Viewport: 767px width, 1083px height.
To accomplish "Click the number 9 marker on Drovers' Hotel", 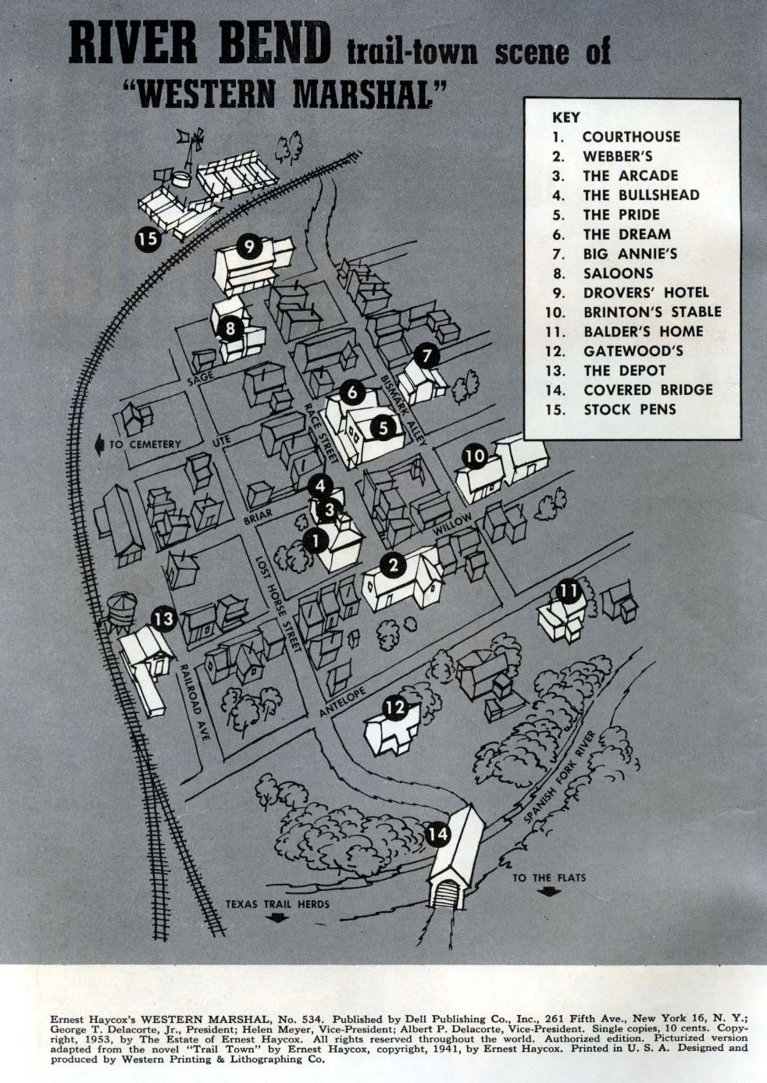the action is [x=248, y=247].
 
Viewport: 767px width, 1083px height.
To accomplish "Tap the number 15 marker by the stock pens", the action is [x=148, y=240].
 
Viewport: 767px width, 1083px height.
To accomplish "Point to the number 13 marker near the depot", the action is [x=165, y=618].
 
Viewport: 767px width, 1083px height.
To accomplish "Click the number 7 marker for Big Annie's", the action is [x=426, y=356].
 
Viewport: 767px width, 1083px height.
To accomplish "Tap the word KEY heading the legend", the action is [x=565, y=117].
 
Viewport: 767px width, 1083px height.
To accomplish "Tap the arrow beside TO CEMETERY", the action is [x=100, y=445].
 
